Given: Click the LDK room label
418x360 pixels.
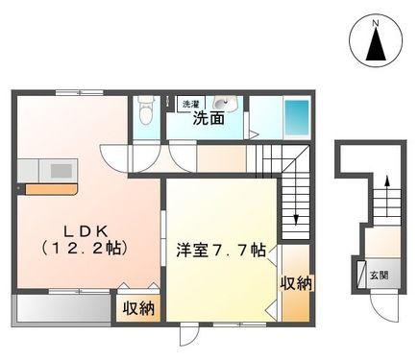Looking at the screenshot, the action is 85,230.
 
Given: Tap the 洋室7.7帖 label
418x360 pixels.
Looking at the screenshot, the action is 221,250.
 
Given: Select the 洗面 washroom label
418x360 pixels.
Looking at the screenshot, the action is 209,119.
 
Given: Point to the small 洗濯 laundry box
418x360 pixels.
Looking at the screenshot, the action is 191,104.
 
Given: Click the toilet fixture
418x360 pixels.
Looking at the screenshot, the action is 146,110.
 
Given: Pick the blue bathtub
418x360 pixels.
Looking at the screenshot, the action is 297,118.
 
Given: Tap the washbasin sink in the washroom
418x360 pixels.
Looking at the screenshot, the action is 224,103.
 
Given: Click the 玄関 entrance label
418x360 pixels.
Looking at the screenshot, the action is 380,275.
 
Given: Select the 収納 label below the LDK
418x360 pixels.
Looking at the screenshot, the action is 139,308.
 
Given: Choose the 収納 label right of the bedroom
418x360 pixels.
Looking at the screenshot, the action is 296,283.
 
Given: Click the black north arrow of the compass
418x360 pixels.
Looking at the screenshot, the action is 376,44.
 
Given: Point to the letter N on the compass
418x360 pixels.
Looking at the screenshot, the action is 376,23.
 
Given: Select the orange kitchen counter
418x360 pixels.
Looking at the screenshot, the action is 51,189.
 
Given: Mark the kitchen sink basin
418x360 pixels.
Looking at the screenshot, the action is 61,171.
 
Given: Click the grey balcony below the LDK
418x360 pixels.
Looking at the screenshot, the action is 63,308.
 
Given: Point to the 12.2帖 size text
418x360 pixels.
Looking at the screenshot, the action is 85,248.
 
